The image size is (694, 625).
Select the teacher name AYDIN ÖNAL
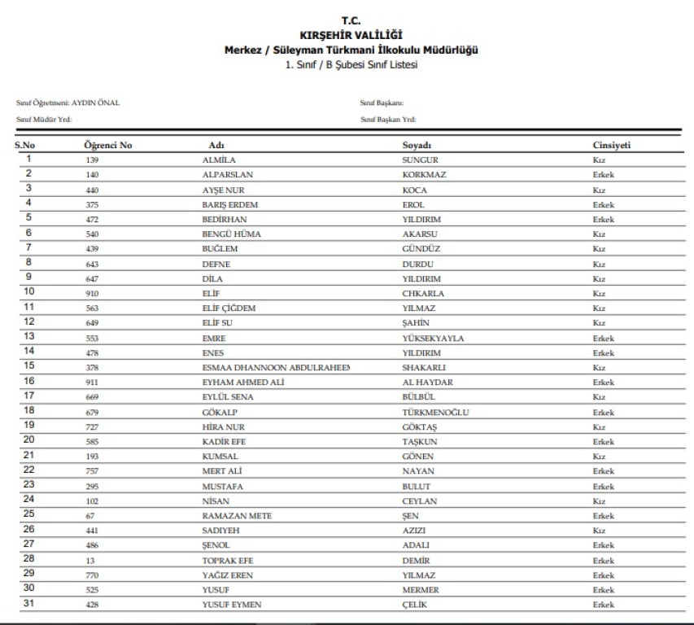(96, 103)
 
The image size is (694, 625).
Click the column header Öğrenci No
(108, 145)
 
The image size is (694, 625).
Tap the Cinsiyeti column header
(612, 145)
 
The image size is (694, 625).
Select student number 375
(92, 205)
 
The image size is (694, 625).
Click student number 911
(92, 382)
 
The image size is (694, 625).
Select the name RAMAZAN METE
(237, 516)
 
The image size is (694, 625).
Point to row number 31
(28, 604)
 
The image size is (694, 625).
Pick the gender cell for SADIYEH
(599, 531)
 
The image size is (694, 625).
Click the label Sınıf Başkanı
(382, 103)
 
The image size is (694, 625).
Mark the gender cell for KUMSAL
(599, 457)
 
